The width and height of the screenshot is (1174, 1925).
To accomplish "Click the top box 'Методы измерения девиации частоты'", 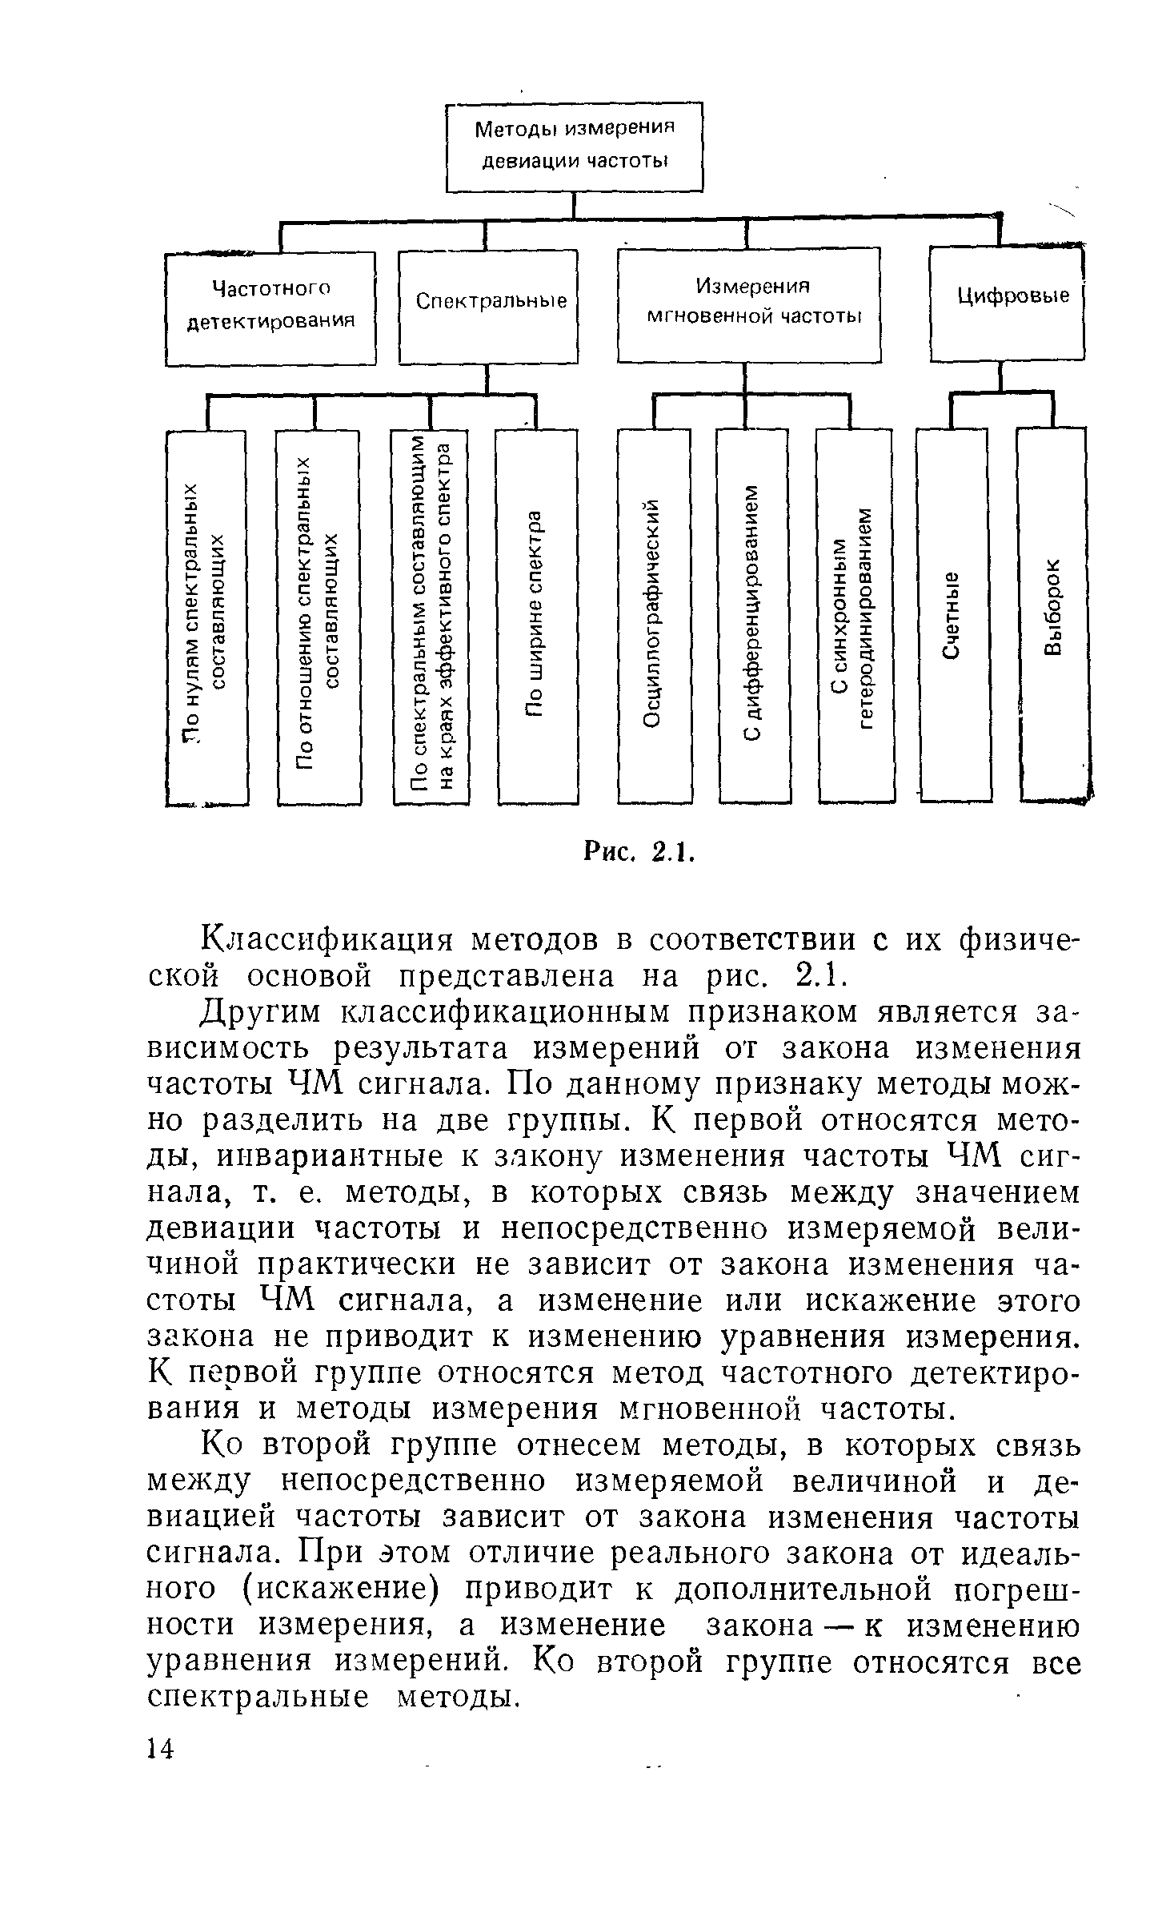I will [x=574, y=146].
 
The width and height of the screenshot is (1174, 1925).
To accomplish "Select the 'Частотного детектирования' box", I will [x=270, y=308].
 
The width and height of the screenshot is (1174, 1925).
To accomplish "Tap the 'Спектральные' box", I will [x=488, y=306].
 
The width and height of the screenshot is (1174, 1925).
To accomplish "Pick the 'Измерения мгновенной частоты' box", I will [x=748, y=304].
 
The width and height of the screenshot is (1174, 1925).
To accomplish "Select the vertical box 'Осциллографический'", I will [x=655, y=615].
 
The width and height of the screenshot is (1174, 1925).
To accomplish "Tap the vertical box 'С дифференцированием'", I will [x=754, y=615].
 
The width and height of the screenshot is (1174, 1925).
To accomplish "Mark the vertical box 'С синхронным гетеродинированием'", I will [x=855, y=615].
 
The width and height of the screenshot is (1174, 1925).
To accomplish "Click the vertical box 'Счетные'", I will [x=952, y=615].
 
